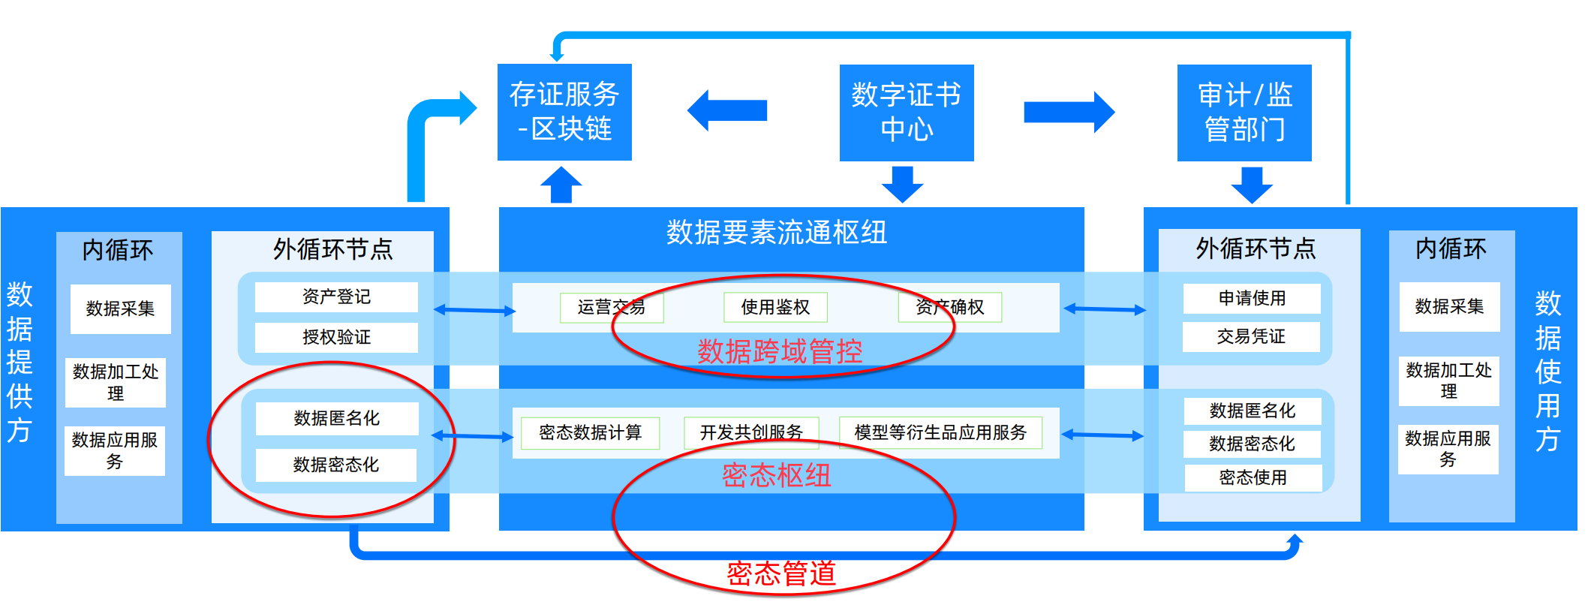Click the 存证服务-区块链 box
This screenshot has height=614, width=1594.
(564, 112)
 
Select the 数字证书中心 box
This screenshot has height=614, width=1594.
(906, 113)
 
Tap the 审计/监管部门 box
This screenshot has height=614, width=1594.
(1244, 113)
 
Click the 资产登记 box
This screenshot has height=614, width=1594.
(336, 296)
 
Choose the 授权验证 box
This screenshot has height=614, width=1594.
(336, 337)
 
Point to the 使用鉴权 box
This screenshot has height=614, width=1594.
(775, 307)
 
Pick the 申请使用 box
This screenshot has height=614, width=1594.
(1251, 298)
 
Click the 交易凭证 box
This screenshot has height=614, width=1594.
(1251, 336)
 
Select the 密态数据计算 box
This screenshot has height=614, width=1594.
(590, 432)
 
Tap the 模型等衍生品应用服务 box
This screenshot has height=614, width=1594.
(940, 432)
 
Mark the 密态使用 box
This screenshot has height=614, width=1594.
(1253, 477)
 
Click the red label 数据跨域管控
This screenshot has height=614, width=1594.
(780, 351)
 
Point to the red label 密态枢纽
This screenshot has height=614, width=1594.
(776, 475)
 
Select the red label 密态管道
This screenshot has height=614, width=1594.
(780, 573)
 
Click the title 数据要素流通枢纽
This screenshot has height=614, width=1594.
(777, 233)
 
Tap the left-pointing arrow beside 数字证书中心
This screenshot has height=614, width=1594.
(726, 110)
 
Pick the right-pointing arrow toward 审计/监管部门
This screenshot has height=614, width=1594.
(1069, 112)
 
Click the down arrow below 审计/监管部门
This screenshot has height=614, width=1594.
(1251, 185)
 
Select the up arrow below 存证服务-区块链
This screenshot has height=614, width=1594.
(561, 185)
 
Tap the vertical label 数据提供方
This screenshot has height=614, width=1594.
(20, 362)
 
